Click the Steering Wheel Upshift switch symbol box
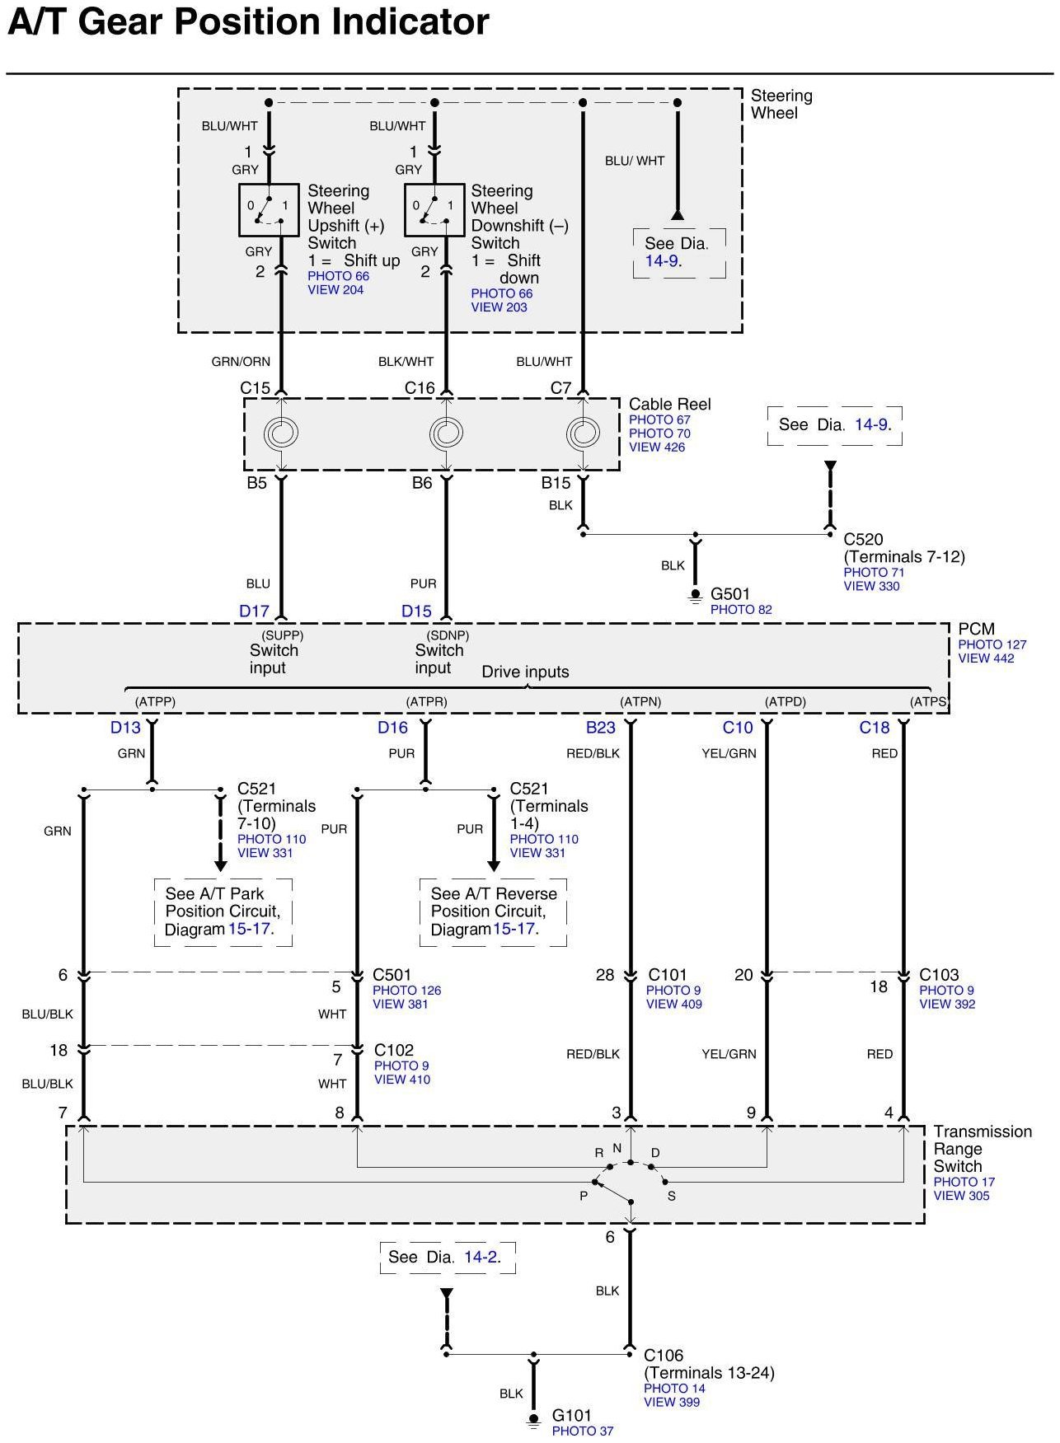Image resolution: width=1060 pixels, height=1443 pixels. tap(269, 209)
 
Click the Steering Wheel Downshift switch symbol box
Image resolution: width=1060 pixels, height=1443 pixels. tap(434, 209)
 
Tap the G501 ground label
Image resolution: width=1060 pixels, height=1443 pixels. tap(730, 594)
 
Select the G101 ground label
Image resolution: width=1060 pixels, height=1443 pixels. tap(572, 1416)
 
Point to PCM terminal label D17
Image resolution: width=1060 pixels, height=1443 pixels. tap(254, 611)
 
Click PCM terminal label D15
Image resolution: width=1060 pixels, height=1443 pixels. tap(416, 611)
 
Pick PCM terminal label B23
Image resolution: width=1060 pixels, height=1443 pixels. tap(601, 728)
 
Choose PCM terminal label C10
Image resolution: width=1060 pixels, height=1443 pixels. tap(738, 728)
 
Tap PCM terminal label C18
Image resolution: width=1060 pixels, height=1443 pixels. tap(875, 728)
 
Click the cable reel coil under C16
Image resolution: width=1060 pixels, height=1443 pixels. tap(446, 433)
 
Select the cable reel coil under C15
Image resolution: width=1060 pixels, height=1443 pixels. tap(280, 433)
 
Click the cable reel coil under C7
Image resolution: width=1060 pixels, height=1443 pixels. tap(583, 433)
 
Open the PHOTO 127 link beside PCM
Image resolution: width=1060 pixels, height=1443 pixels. tap(992, 644)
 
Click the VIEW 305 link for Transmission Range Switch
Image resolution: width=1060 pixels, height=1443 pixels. tap(961, 1196)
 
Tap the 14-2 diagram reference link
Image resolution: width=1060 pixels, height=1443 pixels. tap(481, 1257)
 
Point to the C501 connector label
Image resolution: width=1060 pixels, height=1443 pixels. tap(392, 975)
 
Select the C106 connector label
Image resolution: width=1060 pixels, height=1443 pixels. tap(664, 1356)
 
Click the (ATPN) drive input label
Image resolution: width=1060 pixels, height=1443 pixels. tap(640, 702)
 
